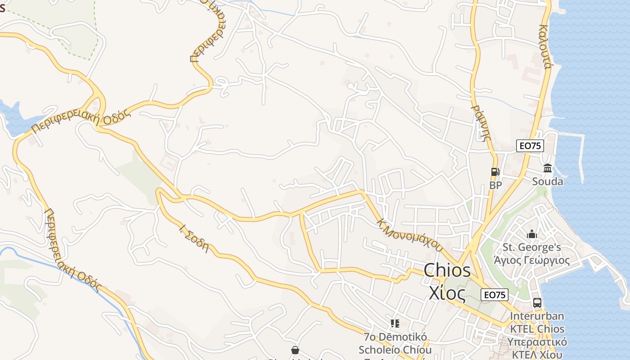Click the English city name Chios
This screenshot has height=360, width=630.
[447, 270]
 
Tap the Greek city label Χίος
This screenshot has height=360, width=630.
[446, 293]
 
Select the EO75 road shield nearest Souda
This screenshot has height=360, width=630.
[530, 146]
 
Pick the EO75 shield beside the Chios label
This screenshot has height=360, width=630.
[495, 295]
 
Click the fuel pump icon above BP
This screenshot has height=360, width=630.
[495, 171]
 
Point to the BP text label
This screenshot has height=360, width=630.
[495, 185]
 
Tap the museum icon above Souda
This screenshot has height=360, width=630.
[548, 168]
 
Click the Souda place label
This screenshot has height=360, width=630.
[548, 181]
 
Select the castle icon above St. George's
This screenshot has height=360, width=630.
[532, 234]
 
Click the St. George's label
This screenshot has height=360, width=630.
[532, 247]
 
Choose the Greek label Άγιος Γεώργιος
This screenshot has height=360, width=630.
[532, 260]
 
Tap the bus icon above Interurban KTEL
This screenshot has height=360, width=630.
[537, 303]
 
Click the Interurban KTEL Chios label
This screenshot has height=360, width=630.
[537, 322]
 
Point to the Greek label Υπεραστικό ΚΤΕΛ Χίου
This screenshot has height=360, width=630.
[537, 348]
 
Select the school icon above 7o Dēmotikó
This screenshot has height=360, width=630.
[395, 324]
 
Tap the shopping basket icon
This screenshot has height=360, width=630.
[295, 350]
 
